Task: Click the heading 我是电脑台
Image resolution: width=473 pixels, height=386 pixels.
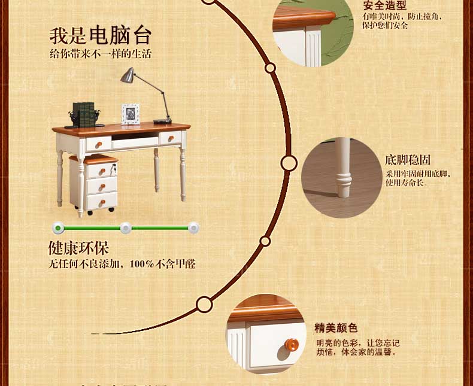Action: (100, 35)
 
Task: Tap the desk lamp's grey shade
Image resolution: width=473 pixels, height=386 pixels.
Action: (128, 75)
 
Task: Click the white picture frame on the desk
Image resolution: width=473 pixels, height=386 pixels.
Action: (130, 114)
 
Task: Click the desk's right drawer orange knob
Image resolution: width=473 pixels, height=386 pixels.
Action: (170, 139)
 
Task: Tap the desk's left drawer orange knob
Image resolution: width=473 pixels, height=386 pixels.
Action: (99, 144)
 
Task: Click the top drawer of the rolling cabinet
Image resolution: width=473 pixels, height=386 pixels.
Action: (101, 170)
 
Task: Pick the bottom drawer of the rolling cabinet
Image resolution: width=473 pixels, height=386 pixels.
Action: (101, 201)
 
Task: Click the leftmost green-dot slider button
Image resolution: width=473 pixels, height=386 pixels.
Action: (58, 227)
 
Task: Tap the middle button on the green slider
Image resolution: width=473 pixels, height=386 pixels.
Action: (125, 227)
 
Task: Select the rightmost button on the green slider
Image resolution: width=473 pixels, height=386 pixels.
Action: (193, 227)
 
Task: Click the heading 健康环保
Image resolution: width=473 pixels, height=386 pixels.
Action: (78, 248)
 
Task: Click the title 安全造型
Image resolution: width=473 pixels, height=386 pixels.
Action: (384, 5)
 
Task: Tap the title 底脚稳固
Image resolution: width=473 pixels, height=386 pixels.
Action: (408, 160)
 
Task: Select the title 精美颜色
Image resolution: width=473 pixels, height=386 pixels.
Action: (336, 328)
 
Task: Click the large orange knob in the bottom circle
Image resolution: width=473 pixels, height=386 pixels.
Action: (291, 345)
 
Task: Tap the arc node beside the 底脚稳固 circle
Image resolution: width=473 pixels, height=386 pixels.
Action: (289, 163)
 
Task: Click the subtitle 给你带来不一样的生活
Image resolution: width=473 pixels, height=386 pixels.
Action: (100, 54)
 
